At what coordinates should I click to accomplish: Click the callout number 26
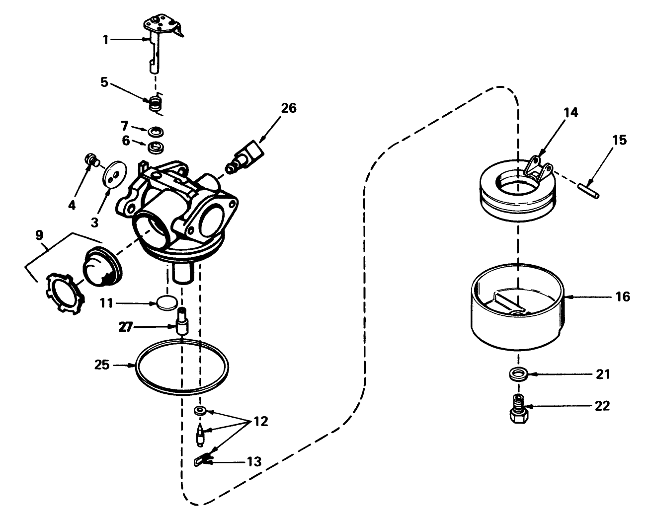(288, 107)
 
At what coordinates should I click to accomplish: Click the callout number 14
(571, 113)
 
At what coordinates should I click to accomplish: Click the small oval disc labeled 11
(166, 302)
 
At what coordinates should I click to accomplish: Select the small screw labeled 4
(90, 159)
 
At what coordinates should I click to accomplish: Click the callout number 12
(260, 422)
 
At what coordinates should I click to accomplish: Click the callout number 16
(622, 296)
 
